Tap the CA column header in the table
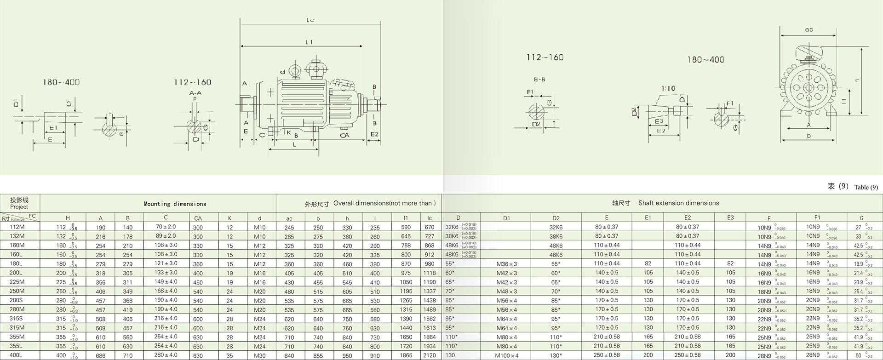(x=198, y=218)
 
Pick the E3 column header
(x=730, y=217)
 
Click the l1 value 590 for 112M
(x=406, y=227)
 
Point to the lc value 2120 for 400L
(x=430, y=355)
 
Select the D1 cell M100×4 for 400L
(x=506, y=355)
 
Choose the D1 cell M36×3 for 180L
(x=506, y=264)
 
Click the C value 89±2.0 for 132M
(x=166, y=236)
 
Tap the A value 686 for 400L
(x=101, y=355)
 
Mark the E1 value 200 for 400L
(x=648, y=355)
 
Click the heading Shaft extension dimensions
(x=678, y=203)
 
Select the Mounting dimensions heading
(x=175, y=204)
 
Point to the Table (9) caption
(x=866, y=187)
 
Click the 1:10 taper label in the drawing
(x=668, y=88)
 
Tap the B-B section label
(x=539, y=80)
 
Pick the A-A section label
(x=195, y=93)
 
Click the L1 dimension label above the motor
(x=309, y=42)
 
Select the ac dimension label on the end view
(x=808, y=30)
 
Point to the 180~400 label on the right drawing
(x=705, y=60)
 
